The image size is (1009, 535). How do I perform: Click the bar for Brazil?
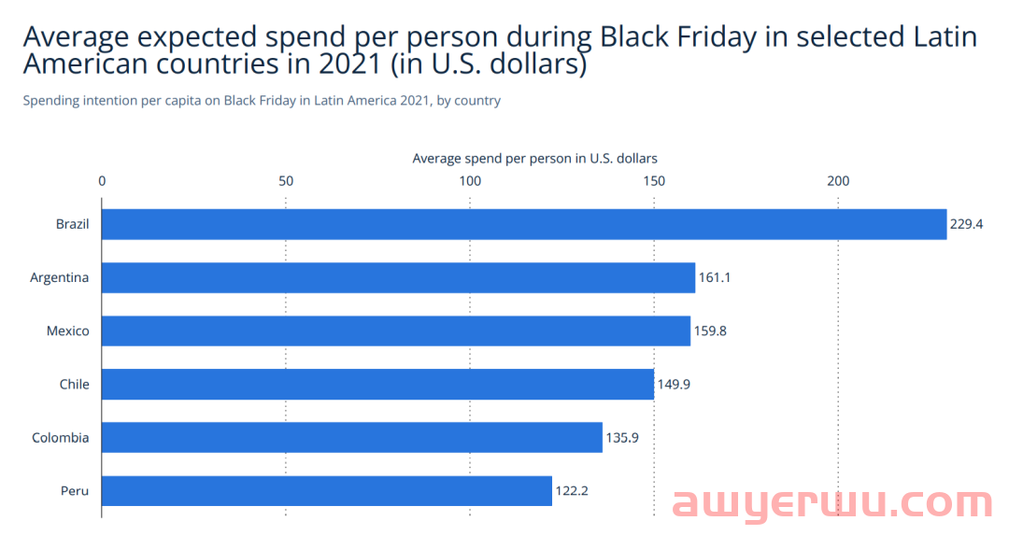(x=523, y=224)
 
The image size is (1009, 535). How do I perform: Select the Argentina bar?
(x=398, y=277)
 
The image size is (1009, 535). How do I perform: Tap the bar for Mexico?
(x=395, y=331)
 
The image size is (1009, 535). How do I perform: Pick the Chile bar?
(x=377, y=384)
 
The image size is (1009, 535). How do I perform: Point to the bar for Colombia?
(x=351, y=437)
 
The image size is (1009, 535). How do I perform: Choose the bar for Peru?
(x=326, y=490)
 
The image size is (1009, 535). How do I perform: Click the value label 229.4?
(x=967, y=224)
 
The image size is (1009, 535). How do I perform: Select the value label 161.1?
(x=716, y=277)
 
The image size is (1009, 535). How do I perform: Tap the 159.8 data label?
(x=710, y=331)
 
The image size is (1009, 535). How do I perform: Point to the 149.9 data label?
(x=674, y=384)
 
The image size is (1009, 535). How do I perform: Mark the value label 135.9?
(x=622, y=437)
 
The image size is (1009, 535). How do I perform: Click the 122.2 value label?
(x=572, y=490)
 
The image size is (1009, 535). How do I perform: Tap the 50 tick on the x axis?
(x=286, y=180)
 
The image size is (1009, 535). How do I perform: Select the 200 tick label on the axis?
(x=838, y=180)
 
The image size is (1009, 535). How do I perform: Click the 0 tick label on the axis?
(x=102, y=180)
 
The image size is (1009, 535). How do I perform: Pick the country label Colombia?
(x=61, y=437)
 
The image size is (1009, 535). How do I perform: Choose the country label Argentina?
(x=60, y=277)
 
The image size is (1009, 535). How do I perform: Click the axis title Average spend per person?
(x=534, y=158)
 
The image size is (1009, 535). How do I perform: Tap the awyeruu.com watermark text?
(x=832, y=504)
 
